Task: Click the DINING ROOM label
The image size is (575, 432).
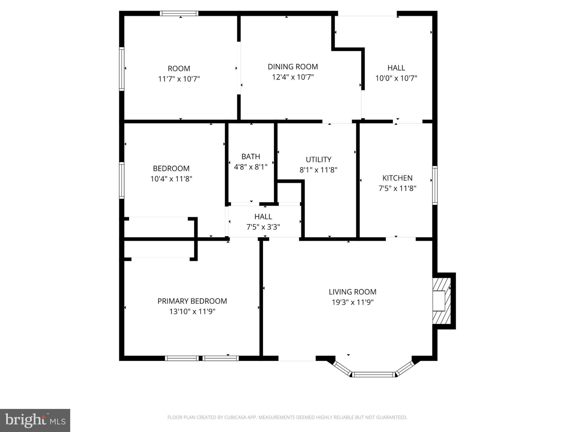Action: [x=293, y=67]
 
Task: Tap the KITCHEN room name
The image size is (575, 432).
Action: [x=397, y=178]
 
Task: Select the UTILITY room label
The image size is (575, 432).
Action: [x=318, y=160]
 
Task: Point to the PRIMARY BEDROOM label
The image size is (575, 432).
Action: [x=192, y=301]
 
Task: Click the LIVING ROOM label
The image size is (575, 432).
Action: [x=352, y=292]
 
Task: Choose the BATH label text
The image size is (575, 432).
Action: [x=251, y=157]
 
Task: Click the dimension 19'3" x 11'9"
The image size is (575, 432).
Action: [x=352, y=302]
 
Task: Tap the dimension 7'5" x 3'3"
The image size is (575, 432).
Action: [x=263, y=227]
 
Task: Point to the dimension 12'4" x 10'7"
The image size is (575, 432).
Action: [x=293, y=77]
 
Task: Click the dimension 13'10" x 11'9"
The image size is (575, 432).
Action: [x=192, y=312]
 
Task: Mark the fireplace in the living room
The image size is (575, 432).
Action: [x=442, y=301]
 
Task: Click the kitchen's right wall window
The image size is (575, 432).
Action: [x=435, y=185]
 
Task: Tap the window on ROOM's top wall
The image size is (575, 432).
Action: [x=179, y=13]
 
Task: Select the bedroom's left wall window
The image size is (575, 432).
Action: [x=122, y=180]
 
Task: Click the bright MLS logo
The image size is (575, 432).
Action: [x=35, y=420]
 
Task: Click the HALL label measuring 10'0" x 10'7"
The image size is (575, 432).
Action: [x=396, y=68]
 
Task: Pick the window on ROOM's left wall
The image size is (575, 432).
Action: [x=122, y=69]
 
